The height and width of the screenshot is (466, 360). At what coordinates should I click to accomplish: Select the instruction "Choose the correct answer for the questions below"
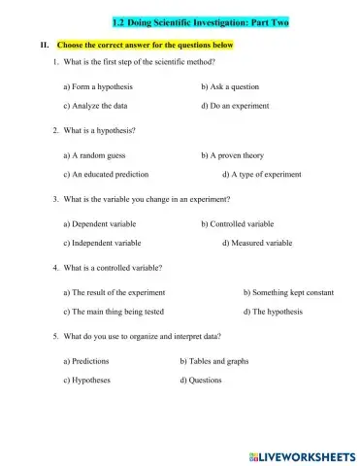pos(146,46)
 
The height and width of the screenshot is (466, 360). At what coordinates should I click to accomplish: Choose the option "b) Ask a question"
pos(229,87)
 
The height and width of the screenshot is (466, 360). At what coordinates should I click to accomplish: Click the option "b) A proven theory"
pos(232,155)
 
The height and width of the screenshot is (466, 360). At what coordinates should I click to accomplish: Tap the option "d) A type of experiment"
pos(261,174)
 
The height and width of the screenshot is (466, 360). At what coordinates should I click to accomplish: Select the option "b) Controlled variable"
pos(238,224)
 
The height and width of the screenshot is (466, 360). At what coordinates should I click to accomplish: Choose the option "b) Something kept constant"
pos(288,292)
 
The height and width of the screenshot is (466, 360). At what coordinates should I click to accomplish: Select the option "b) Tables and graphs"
pos(213,361)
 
